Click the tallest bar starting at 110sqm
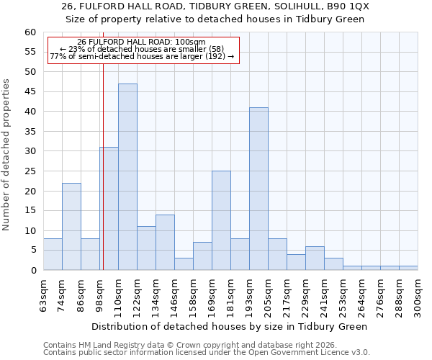tap(127, 177)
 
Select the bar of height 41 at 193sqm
tap(258, 189)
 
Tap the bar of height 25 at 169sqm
tap(221, 220)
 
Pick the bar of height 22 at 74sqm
tap(71, 226)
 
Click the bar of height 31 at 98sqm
tap(109, 209)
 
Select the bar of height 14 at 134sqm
tap(165, 242)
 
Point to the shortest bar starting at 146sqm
tap(184, 264)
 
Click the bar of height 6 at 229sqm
tap(315, 258)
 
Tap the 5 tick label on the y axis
tap(33, 251)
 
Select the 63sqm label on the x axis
tap(44, 294)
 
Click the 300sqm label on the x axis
tap(418, 294)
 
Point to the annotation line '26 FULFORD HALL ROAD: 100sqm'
tap(141, 42)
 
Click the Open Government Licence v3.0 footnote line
tap(207, 353)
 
